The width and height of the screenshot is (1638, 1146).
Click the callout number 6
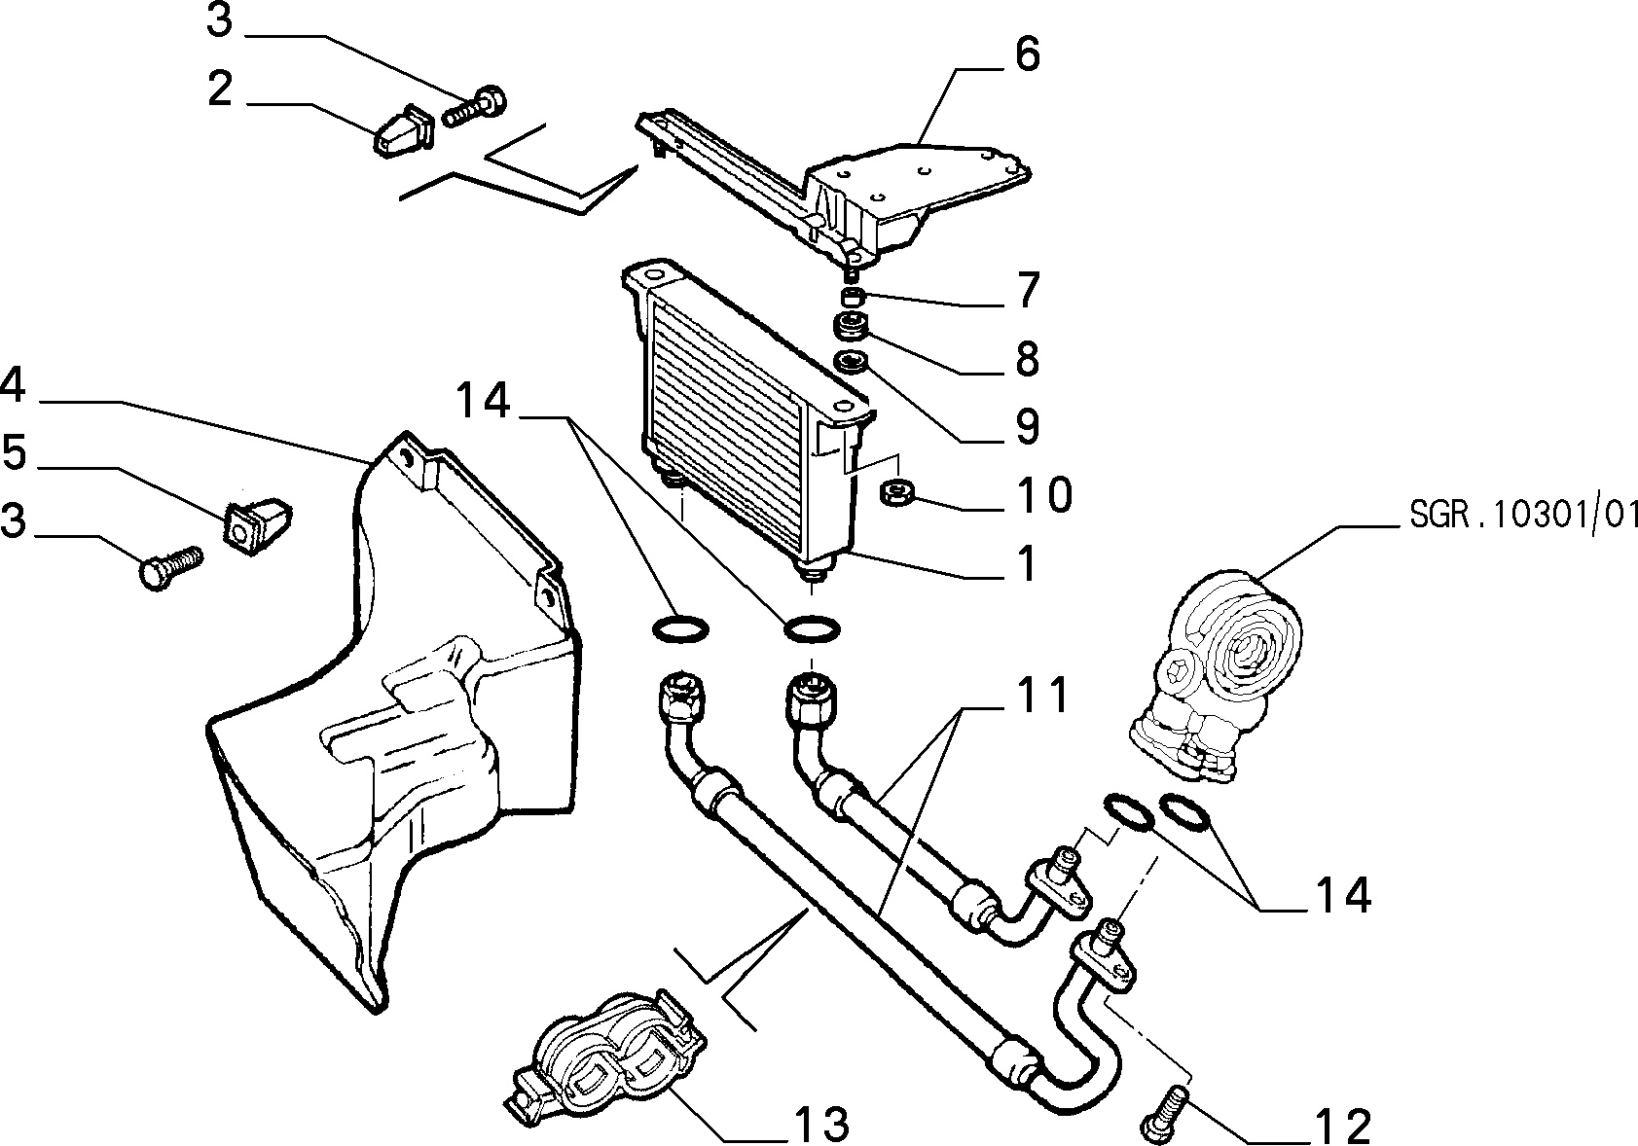point(1028,54)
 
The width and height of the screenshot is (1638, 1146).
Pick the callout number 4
point(13,386)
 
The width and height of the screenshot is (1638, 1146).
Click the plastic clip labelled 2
point(404,130)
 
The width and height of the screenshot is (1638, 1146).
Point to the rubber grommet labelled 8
point(852,326)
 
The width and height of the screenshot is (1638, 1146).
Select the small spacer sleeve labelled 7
point(852,298)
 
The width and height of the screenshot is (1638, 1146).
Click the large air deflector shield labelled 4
point(395,724)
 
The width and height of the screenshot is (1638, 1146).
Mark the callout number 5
point(14,452)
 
